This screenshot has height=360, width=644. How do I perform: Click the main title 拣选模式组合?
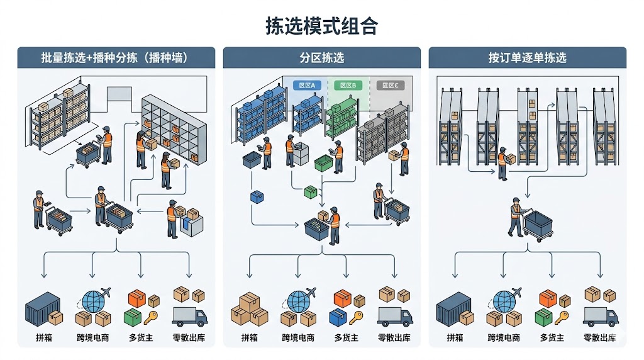321,26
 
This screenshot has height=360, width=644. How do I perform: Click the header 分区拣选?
321,58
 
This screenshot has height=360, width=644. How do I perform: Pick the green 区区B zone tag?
348,86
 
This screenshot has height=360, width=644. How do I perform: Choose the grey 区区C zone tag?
391,86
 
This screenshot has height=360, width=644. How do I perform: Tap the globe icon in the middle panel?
297,300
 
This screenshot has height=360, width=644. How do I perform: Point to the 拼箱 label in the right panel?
455,338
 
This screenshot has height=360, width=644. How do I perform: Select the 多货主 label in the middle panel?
347,338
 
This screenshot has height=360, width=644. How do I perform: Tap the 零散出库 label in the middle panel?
394,338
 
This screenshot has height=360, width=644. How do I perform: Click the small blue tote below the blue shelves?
257,197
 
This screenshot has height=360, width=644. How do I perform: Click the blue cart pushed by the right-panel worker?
538,225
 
